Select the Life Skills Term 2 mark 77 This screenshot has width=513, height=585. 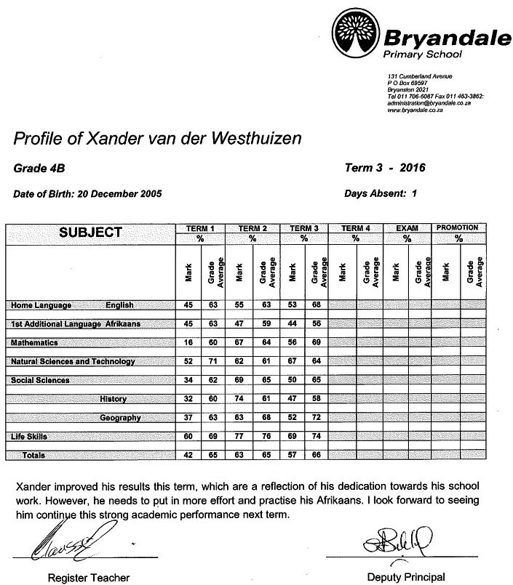(239, 436)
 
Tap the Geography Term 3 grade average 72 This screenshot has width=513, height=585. (316, 418)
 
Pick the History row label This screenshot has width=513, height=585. (114, 399)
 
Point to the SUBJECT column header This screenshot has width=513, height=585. (90, 233)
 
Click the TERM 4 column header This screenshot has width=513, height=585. (356, 228)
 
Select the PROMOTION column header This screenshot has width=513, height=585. (458, 228)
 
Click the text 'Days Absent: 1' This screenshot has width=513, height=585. (380, 193)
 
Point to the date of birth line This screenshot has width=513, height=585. (87, 194)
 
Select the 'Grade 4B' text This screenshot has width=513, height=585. (39, 169)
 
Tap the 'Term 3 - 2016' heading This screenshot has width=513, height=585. (384, 168)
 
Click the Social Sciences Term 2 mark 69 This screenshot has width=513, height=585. (239, 380)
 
